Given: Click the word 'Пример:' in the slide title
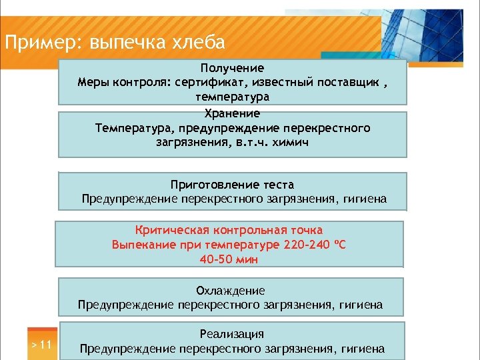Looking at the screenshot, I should (x=41, y=43).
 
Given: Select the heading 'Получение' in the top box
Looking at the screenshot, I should (x=232, y=68).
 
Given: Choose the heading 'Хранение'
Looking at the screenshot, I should (x=232, y=113).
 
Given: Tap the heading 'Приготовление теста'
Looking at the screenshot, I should (x=232, y=185).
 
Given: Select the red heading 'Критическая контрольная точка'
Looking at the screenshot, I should (x=229, y=230).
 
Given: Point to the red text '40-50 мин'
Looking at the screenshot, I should (x=229, y=259).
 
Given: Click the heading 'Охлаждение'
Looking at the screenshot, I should (x=230, y=291).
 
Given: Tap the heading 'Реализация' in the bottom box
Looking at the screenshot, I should (x=231, y=334).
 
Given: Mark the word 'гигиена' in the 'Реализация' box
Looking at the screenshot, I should (x=363, y=348).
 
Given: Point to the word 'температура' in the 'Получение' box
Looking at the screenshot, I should (x=232, y=97).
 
